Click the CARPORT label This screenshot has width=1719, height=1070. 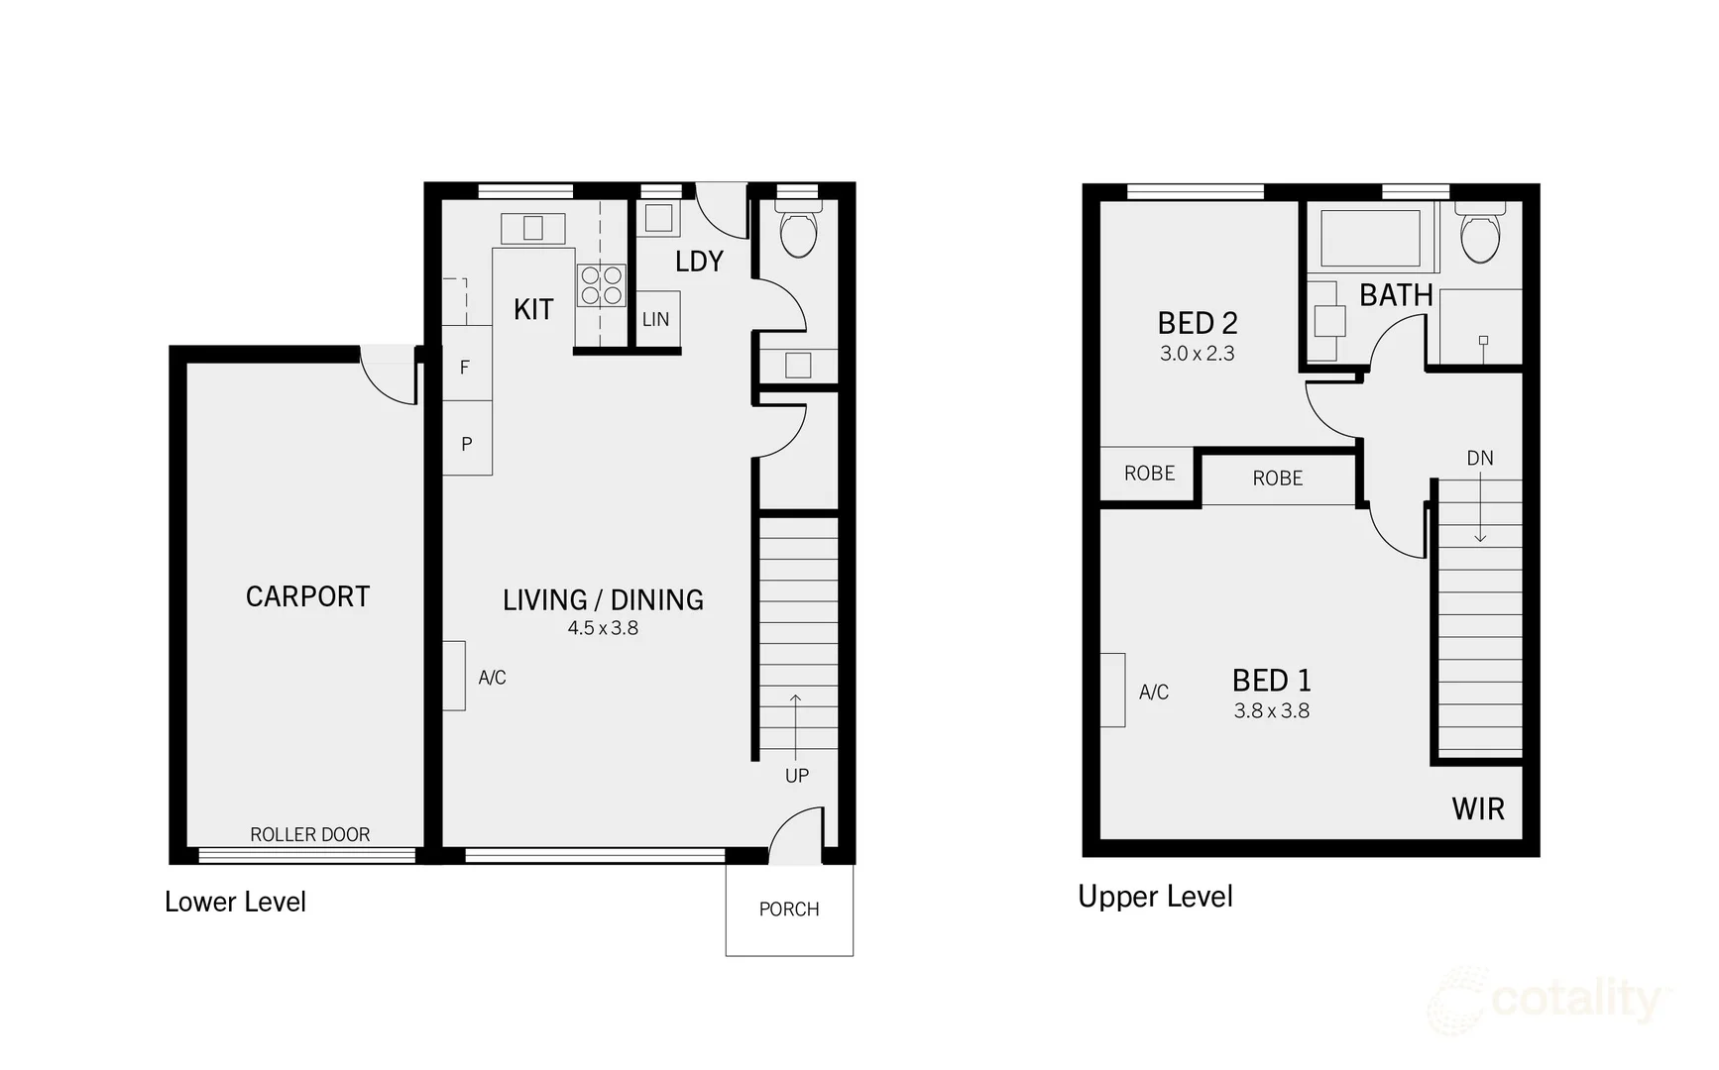307,596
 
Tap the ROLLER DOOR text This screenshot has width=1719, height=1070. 309,834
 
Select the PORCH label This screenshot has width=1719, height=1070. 789,909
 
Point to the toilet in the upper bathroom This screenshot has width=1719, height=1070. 1480,235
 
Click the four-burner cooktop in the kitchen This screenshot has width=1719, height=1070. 602,285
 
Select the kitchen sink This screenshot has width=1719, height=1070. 532,228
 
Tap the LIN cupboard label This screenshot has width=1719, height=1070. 655,319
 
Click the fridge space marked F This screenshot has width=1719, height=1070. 465,368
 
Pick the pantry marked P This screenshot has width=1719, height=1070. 467,444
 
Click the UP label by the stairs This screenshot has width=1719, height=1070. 797,776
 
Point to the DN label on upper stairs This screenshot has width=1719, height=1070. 1480,458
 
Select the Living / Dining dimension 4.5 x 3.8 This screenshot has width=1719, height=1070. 603,628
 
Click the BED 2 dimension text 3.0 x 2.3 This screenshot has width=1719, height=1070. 1198,354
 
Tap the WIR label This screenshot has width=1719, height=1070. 1478,808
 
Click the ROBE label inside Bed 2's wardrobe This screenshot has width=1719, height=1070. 1150,474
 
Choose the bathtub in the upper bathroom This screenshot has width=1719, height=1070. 1371,239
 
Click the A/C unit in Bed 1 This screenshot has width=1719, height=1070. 1113,691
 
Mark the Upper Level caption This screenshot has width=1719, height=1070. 1155,897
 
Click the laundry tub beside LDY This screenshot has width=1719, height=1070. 659,218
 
